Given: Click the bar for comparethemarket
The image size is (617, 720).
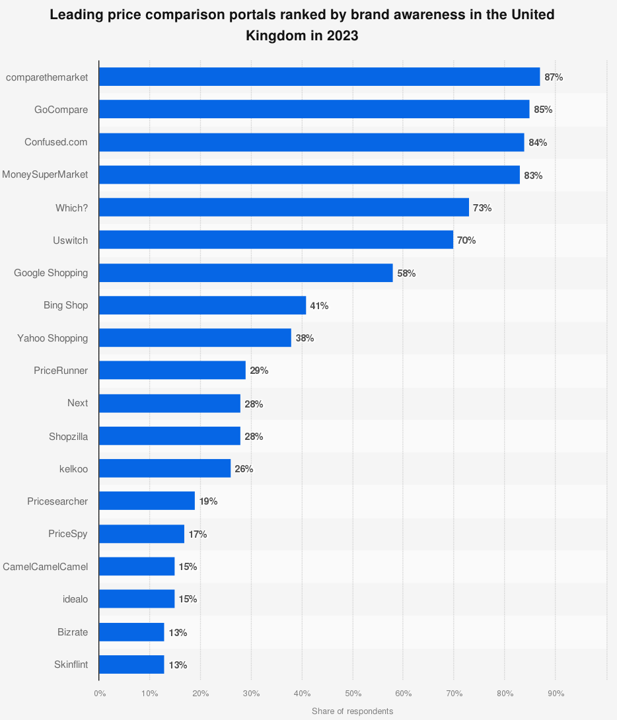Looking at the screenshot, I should tap(319, 77).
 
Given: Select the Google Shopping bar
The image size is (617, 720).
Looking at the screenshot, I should tap(246, 273).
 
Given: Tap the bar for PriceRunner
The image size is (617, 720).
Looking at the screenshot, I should tap(172, 371).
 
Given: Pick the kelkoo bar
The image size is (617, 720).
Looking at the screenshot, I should tap(164, 468).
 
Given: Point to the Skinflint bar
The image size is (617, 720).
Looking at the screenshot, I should tap(131, 665).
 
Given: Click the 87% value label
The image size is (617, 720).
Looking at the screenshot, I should tap(554, 77).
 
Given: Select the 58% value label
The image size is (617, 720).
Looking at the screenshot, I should tap(406, 273).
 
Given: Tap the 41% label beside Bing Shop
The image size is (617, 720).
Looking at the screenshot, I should tap(319, 306).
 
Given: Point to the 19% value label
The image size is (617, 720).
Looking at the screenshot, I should tap(208, 501).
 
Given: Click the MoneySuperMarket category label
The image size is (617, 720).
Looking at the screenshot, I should tap(45, 175).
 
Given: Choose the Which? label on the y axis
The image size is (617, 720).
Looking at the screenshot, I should tap(71, 207).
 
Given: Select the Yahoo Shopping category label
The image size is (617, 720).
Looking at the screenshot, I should tap(52, 338).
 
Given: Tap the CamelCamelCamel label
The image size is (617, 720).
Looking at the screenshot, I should tap(45, 566).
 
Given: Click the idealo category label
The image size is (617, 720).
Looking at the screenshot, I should tap(75, 599).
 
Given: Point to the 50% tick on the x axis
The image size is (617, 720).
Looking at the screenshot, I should tap(353, 693).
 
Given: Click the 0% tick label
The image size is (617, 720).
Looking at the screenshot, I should tap(100, 693).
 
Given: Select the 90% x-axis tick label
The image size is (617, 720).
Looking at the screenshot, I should tap(556, 693).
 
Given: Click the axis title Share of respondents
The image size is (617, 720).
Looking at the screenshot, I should tap(352, 711).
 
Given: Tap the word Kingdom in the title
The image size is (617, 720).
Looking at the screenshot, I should tap(274, 36).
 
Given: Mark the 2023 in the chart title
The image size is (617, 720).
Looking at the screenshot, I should tap(343, 36).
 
